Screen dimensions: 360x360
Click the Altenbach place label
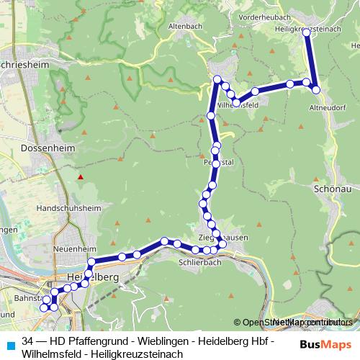click(183, 25)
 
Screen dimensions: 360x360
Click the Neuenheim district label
click(70, 248)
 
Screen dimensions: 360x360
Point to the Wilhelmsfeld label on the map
click(238, 104)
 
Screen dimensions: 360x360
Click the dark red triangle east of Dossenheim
click(81, 176)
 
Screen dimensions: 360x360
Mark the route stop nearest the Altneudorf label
click(315, 89)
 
